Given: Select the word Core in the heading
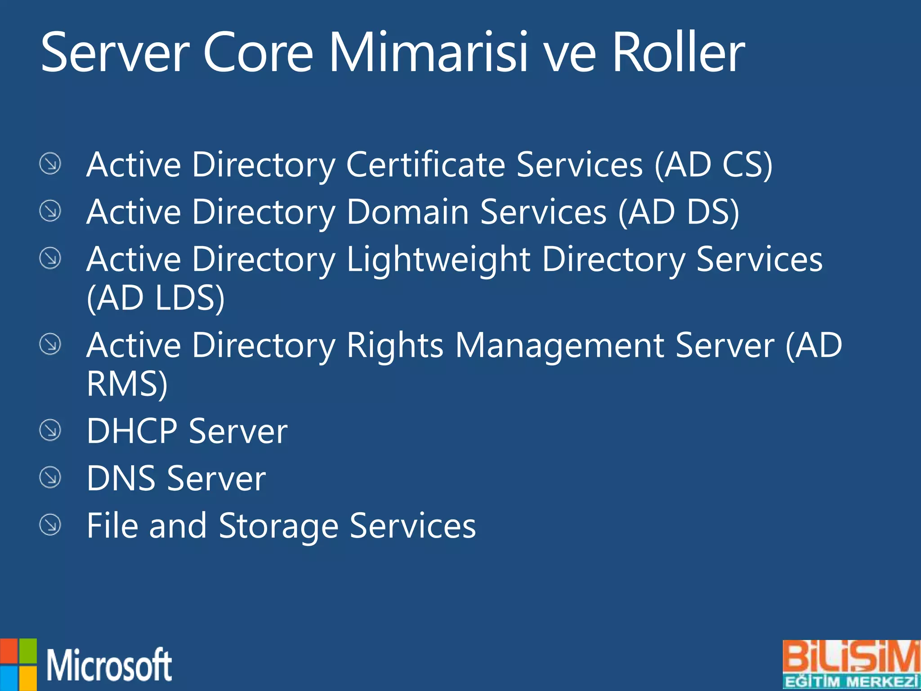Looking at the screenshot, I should point(258,52).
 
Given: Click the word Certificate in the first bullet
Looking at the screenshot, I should point(426,165).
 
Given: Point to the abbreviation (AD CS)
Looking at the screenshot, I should point(713,165).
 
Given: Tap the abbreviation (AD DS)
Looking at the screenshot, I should point(679,212).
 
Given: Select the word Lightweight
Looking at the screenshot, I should point(438,260).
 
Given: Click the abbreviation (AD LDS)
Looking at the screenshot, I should point(156,298).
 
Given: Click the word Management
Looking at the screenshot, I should point(560,345).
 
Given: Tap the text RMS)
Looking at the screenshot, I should point(127,384).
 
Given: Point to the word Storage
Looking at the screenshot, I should point(278,525).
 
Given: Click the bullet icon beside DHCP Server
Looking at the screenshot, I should point(50,430).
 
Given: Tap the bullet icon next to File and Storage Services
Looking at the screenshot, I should point(50,525).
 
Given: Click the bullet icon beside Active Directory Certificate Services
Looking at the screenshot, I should point(50,163).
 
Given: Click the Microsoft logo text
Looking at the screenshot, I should point(109,665).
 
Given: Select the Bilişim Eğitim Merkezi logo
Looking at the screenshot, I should point(851,664).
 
